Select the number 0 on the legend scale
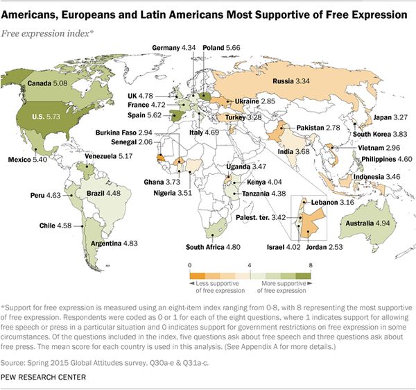coord(189,264)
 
